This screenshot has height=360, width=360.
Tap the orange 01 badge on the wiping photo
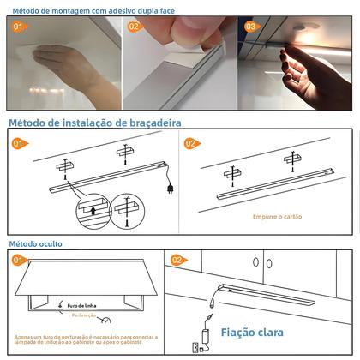click(18, 27)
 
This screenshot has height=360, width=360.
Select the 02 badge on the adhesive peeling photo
click(134, 27)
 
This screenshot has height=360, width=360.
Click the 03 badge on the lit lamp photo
click(249, 27)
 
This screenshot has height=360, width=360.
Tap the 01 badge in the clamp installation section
click(19, 143)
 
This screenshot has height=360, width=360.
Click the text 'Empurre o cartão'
click(276, 216)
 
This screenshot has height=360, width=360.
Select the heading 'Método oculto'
click(34, 244)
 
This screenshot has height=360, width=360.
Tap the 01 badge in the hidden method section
click(18, 260)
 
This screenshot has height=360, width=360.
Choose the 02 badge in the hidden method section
click(177, 259)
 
